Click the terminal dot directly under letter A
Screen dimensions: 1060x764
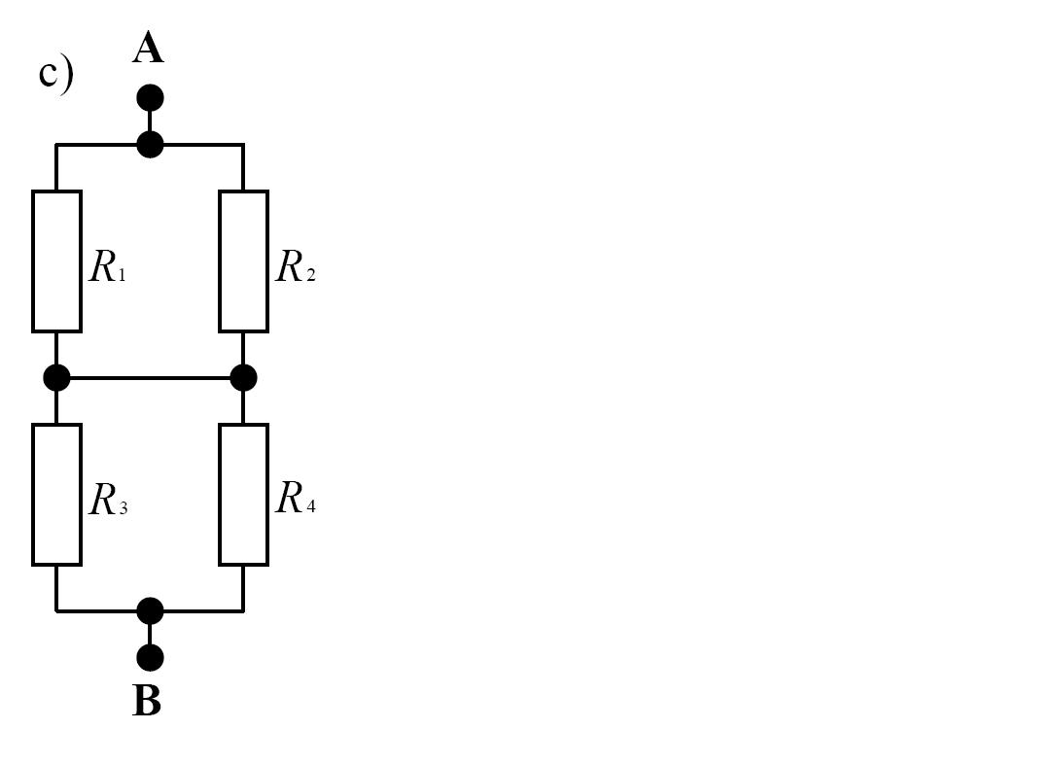click(x=150, y=98)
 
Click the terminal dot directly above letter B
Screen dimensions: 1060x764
click(x=150, y=657)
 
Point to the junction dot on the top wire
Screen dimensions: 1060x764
click(x=150, y=145)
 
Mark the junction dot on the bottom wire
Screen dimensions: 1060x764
click(x=150, y=610)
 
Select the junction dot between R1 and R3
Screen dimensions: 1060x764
click(x=56, y=377)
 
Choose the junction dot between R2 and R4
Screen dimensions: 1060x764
click(x=243, y=377)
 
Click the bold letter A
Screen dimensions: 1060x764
click(x=148, y=50)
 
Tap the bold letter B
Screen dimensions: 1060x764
click(x=148, y=701)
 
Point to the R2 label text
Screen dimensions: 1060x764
click(x=296, y=265)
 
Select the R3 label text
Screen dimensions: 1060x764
click(x=108, y=500)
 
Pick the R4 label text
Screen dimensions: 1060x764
click(x=296, y=498)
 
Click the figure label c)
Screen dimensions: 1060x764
click(x=56, y=74)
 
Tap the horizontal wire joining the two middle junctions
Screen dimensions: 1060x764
click(x=150, y=377)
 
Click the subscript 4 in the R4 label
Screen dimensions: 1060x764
click(x=310, y=506)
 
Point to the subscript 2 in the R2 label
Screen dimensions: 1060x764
click(x=310, y=273)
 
